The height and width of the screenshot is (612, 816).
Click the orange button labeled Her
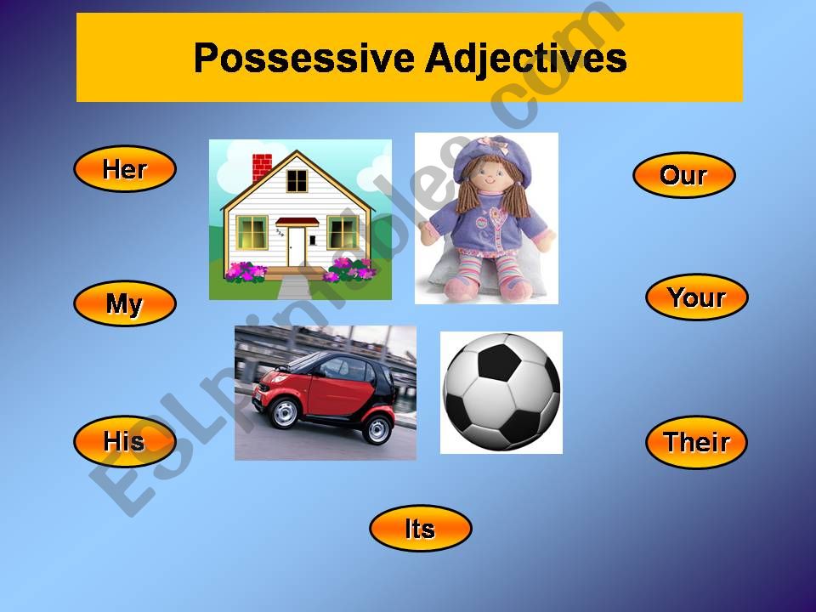click(125, 168)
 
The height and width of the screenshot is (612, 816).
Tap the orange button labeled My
click(125, 303)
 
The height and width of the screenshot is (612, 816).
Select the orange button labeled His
click(125, 441)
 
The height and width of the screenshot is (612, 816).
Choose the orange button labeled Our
click(683, 175)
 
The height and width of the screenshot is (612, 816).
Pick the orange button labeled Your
click(697, 297)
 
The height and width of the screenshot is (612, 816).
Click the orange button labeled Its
click(421, 528)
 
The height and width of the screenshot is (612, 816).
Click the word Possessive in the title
click(304, 59)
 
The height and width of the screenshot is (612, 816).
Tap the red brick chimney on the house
click(262, 167)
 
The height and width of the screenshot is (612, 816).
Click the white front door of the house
click(297, 246)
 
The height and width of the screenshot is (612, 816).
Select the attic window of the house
click(297, 180)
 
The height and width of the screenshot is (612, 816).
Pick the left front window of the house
click(252, 232)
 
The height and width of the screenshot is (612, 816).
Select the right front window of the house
click(343, 233)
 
